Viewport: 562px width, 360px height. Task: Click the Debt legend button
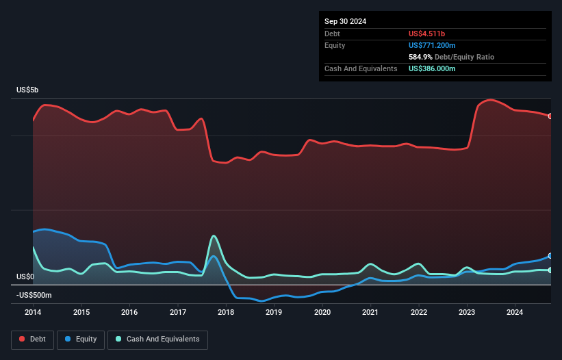32,339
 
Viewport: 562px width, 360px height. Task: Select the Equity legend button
81,339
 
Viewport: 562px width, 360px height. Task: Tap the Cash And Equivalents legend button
157,339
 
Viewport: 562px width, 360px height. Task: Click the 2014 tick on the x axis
33,313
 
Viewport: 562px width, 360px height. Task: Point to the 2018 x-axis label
226,313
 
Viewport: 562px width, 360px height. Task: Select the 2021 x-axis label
370,313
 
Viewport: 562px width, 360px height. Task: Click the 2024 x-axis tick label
515,313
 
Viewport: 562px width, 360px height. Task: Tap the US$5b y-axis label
29,90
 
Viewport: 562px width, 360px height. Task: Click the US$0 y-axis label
25,277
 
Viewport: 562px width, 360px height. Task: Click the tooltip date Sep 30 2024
346,21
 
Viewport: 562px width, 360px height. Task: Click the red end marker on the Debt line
550,116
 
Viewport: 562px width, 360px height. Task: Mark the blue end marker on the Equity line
550,256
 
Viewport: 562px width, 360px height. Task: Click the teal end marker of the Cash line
550,270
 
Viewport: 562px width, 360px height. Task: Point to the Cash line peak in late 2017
214,235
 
